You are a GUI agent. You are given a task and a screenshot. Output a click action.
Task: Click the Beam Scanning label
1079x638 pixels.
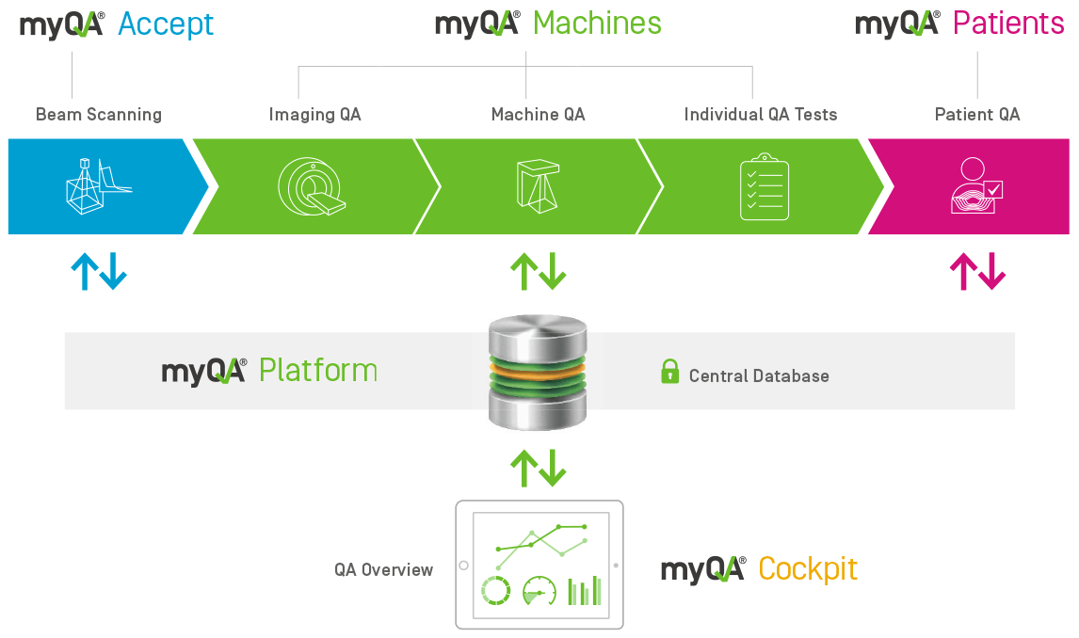[x=99, y=115]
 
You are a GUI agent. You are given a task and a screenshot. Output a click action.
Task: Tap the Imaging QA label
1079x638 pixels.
[x=314, y=115]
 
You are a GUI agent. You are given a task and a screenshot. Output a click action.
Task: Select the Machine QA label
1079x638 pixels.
[x=538, y=115]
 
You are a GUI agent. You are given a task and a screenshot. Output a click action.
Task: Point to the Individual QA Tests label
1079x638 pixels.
[x=760, y=115]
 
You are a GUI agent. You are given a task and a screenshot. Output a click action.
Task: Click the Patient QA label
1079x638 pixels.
[x=976, y=115]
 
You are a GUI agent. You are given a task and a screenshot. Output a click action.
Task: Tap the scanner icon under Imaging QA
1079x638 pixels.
[x=310, y=185]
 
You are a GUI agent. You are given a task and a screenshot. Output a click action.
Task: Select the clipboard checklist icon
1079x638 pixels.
[x=764, y=186]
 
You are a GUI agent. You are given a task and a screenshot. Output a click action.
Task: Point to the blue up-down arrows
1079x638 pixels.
[x=99, y=272]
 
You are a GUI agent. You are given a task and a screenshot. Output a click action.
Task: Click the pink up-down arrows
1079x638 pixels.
[x=977, y=272]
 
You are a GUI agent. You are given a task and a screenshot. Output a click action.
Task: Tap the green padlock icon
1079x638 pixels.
[x=669, y=372]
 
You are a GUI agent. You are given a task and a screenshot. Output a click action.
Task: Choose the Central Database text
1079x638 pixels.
[x=759, y=376]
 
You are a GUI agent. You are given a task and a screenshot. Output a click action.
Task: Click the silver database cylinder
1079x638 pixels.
[x=538, y=371]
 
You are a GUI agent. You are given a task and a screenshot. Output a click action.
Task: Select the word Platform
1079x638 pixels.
[x=318, y=371]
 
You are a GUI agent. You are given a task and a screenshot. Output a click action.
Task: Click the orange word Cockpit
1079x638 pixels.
[x=808, y=569]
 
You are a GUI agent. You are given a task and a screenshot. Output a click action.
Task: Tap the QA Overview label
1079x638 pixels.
[x=383, y=569]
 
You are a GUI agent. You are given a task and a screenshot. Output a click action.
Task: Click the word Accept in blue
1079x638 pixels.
[x=166, y=24]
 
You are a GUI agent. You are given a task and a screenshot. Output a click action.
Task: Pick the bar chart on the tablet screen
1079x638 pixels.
[x=584, y=590]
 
